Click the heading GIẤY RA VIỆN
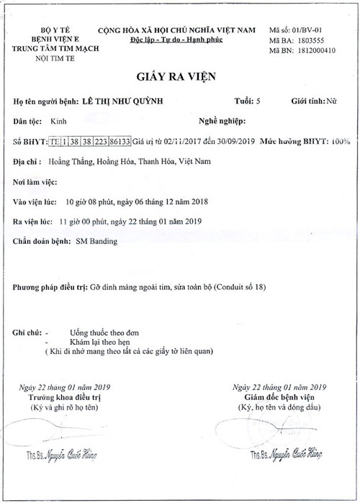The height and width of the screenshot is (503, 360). click(179, 77)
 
